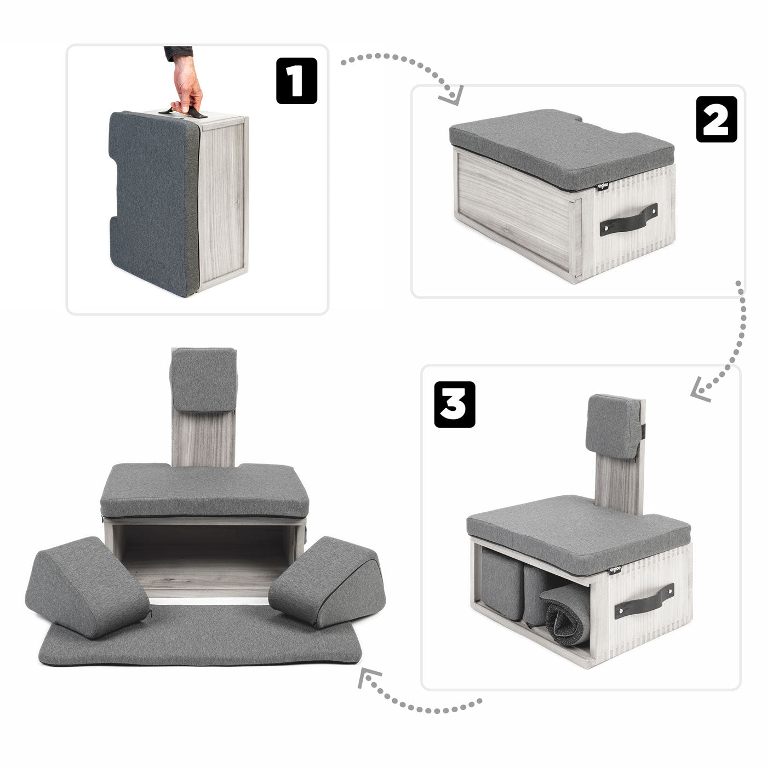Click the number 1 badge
coord(296,81)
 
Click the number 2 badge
coord(717,119)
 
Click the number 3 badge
coord(455,404)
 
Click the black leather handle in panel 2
coord(628,219)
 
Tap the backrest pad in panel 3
coord(613,426)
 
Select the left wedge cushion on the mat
coord(88,586)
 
